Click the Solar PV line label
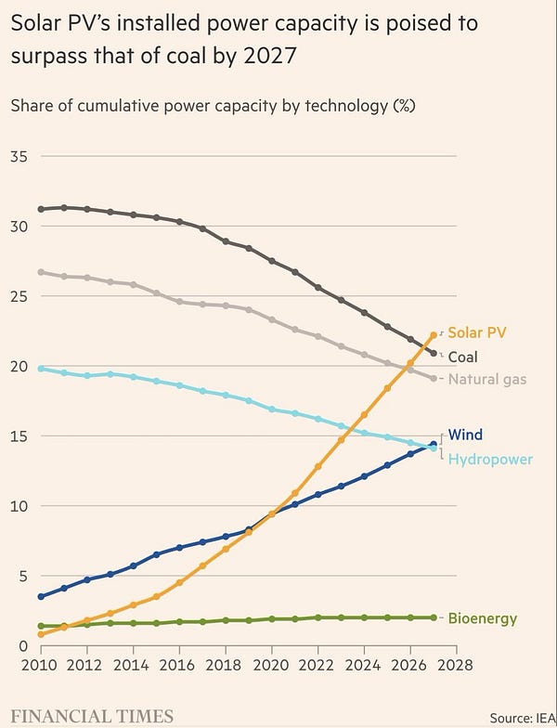click(x=476, y=332)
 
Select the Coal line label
click(x=463, y=357)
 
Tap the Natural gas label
click(x=487, y=379)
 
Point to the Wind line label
click(x=465, y=435)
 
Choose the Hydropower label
click(x=490, y=459)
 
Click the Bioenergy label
click(x=483, y=618)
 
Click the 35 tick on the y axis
click(x=19, y=156)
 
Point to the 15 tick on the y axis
click(x=19, y=436)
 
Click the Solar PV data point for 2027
click(x=433, y=335)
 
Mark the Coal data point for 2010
click(x=40, y=209)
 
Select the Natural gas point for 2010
click(x=40, y=272)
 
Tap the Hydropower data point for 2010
click(x=40, y=369)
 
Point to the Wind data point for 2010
click(x=40, y=596)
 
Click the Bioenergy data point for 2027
click(x=433, y=617)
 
